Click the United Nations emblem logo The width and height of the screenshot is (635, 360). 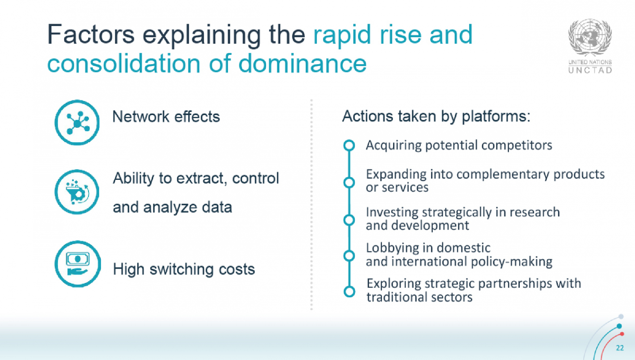click(590, 37)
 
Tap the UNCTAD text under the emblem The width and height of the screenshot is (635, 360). click(590, 70)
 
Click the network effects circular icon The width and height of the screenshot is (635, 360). click(77, 123)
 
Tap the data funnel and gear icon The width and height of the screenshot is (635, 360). click(77, 192)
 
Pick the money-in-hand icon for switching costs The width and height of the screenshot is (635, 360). click(78, 264)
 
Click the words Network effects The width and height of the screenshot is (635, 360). click(166, 117)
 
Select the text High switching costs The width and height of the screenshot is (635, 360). click(184, 269)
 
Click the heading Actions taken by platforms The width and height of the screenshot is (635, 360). click(436, 116)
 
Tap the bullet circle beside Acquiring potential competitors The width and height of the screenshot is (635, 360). click(349, 146)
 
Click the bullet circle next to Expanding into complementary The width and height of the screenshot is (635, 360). click(349, 182)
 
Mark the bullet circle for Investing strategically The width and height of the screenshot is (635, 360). click(349, 220)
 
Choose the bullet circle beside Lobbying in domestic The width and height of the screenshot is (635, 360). click(349, 256)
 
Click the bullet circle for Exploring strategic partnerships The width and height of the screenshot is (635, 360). click(349, 291)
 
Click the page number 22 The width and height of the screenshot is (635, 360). click(620, 348)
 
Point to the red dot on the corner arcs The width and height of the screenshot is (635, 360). click(622, 334)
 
